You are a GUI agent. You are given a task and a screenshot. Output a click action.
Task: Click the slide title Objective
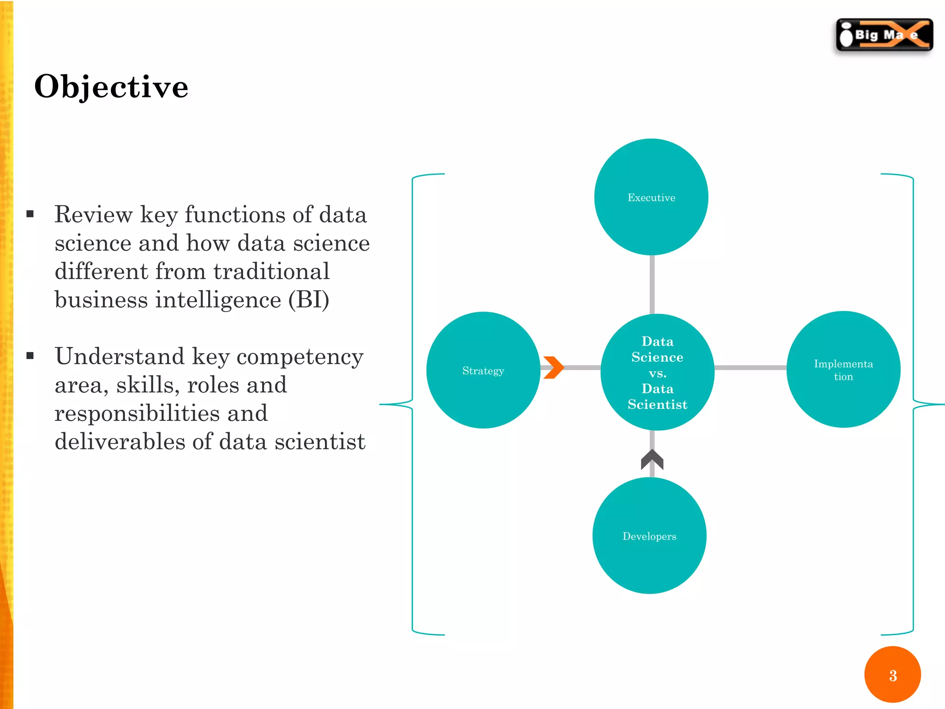coord(111,87)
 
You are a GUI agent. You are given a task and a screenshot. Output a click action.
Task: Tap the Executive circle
coord(651,197)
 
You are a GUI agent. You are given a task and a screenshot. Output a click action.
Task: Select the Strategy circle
coord(483,370)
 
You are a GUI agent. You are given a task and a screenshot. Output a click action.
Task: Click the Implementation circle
coord(843,369)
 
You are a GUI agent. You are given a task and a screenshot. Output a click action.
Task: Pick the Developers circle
coord(649,536)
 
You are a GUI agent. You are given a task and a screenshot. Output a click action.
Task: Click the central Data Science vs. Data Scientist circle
coord(657,372)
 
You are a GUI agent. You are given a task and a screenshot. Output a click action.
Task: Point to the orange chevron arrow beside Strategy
coord(554,367)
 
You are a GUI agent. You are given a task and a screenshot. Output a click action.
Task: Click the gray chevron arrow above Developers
coord(652,459)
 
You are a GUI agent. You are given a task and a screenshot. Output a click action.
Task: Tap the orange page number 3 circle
coord(892,675)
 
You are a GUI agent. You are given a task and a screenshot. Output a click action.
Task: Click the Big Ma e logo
coord(885,35)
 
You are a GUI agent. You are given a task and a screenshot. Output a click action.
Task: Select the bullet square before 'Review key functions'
coord(30,214)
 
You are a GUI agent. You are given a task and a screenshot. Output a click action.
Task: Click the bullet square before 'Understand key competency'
coord(30,355)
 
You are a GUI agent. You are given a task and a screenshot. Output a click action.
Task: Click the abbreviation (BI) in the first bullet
coord(309,300)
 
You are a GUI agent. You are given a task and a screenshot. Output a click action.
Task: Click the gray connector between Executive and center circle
coord(652,284)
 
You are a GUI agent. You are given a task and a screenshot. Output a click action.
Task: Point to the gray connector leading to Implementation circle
coord(750,368)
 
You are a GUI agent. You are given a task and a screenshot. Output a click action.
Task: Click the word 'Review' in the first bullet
coord(94,215)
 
